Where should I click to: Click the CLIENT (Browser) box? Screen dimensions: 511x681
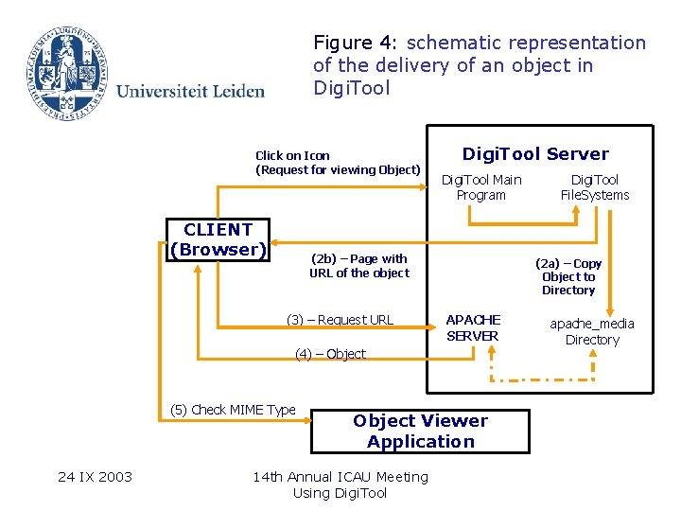click(x=218, y=240)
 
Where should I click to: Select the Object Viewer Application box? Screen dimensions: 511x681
click(x=420, y=432)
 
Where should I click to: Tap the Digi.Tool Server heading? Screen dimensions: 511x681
click(x=534, y=154)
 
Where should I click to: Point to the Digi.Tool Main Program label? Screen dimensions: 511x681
click(x=481, y=187)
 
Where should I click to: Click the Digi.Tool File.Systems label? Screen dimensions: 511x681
click(x=594, y=187)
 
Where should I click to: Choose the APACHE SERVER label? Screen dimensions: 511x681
click(x=473, y=327)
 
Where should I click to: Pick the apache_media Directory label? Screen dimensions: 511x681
click(x=592, y=331)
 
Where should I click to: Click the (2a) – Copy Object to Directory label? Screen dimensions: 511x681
click(x=568, y=277)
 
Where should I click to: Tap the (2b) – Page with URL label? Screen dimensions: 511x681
click(x=359, y=266)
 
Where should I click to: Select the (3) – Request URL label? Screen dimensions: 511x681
click(x=340, y=320)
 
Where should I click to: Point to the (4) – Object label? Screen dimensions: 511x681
click(x=330, y=354)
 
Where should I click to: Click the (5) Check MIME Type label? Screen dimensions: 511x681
click(x=233, y=410)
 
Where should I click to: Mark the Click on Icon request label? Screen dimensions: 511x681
click(x=338, y=163)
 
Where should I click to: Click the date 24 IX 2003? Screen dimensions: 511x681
click(x=95, y=476)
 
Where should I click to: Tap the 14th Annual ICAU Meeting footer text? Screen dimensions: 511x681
click(x=340, y=485)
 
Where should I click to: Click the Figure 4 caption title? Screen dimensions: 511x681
click(x=480, y=65)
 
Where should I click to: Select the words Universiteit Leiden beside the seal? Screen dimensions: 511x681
click(x=190, y=91)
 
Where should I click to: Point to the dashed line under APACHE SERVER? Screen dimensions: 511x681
click(x=542, y=380)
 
